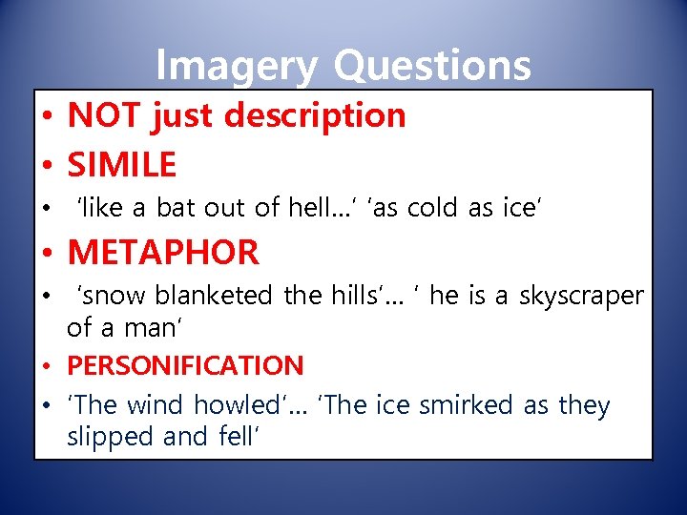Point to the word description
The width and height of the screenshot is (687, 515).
[x=317, y=116]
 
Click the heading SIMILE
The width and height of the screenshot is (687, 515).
[x=122, y=165]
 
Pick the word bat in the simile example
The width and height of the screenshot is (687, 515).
[x=177, y=207]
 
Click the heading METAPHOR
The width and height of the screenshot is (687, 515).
[x=163, y=253]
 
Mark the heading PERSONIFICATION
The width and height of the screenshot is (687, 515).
[x=185, y=365]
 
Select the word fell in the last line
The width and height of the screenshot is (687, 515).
[x=238, y=437]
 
